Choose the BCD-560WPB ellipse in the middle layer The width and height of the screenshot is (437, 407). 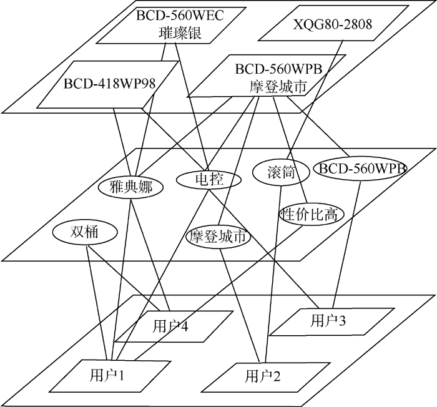click(362, 169)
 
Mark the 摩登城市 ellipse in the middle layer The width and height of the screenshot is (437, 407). click(219, 238)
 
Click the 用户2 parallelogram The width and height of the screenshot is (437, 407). click(263, 376)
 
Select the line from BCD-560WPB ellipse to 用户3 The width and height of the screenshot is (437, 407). click(348, 243)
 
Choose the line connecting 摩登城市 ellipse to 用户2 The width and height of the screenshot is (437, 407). click(244, 306)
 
